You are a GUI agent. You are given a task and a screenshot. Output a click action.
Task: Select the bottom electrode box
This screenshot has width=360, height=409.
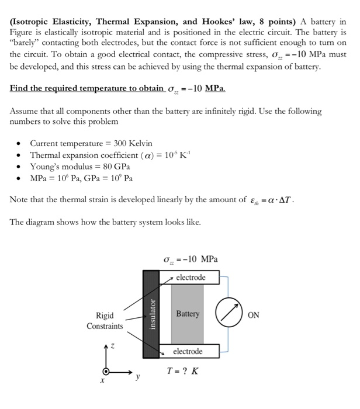(x=188, y=351)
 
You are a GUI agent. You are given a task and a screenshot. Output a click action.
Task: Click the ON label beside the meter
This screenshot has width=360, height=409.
(x=254, y=314)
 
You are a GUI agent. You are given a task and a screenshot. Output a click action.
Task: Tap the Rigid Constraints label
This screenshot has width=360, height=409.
(x=105, y=320)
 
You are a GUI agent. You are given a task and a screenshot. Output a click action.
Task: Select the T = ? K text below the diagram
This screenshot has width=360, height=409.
(x=182, y=371)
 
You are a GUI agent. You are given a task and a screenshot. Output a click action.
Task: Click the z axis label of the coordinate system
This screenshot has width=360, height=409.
(x=113, y=346)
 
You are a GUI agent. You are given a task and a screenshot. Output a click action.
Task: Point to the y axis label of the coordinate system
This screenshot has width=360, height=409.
(x=138, y=377)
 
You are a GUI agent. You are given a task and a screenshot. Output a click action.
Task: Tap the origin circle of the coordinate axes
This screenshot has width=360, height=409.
(x=106, y=372)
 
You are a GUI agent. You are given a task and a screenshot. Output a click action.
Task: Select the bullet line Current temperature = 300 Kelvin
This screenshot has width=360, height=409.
(x=91, y=143)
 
